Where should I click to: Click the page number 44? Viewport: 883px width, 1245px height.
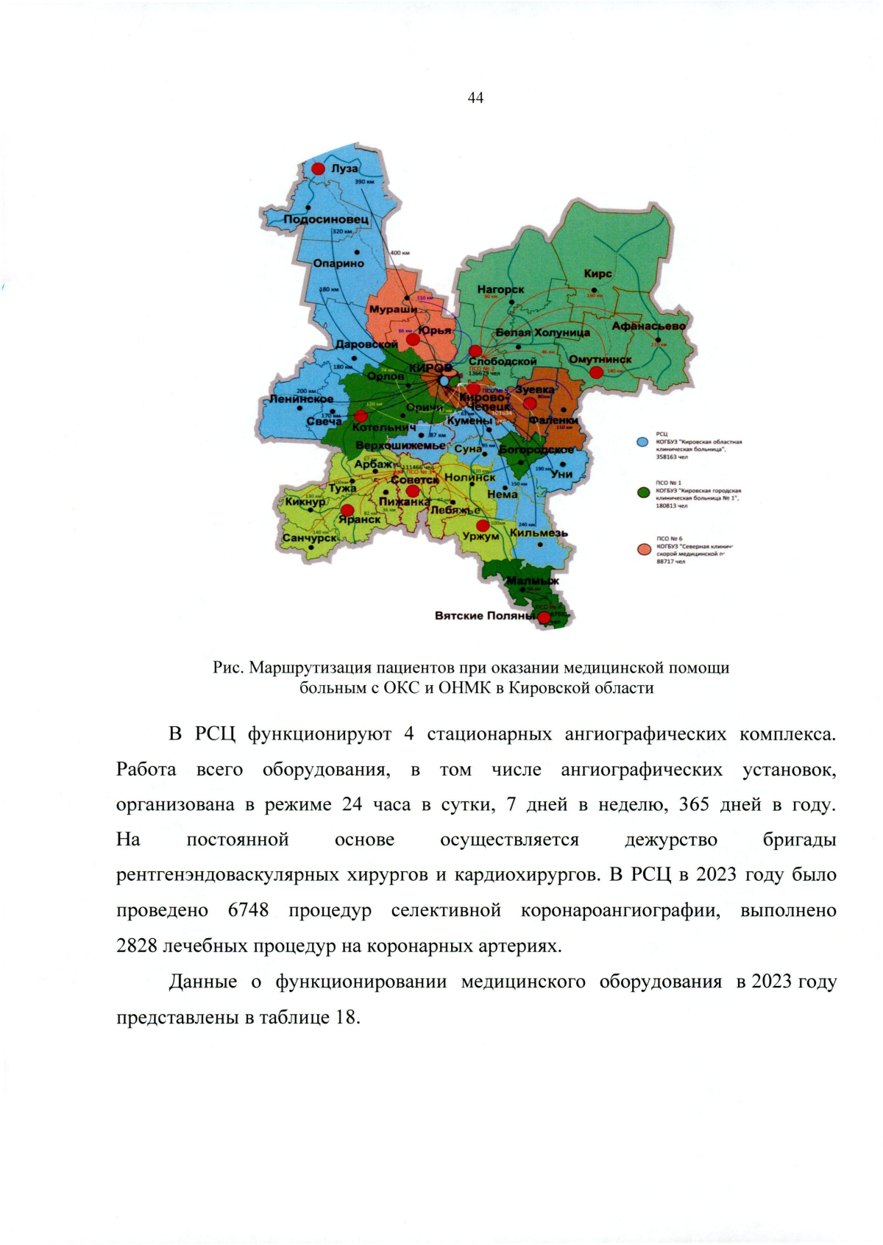click(475, 98)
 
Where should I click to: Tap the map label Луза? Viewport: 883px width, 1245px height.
click(344, 169)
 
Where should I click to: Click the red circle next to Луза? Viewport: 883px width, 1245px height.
click(318, 169)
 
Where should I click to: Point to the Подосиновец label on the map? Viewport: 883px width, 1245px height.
click(326, 220)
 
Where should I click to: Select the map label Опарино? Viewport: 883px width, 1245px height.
click(338, 263)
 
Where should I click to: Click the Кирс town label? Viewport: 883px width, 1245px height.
click(597, 274)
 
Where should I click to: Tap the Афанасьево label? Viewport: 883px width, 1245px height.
click(648, 326)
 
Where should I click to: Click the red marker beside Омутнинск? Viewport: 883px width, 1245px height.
click(596, 372)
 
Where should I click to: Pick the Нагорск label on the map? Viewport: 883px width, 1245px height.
click(500, 290)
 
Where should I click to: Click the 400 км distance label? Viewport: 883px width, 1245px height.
click(400, 253)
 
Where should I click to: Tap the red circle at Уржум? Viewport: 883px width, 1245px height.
click(482, 525)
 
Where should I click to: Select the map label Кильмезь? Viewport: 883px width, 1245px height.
click(539, 533)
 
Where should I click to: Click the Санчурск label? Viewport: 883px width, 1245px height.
click(311, 538)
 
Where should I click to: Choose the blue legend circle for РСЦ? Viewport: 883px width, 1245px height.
click(642, 442)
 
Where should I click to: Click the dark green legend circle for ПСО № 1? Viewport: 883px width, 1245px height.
click(642, 492)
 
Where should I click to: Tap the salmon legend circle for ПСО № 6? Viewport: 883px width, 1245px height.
click(642, 549)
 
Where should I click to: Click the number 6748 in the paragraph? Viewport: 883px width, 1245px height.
click(248, 910)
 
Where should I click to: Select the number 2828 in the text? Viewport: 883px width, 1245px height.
click(136, 946)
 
